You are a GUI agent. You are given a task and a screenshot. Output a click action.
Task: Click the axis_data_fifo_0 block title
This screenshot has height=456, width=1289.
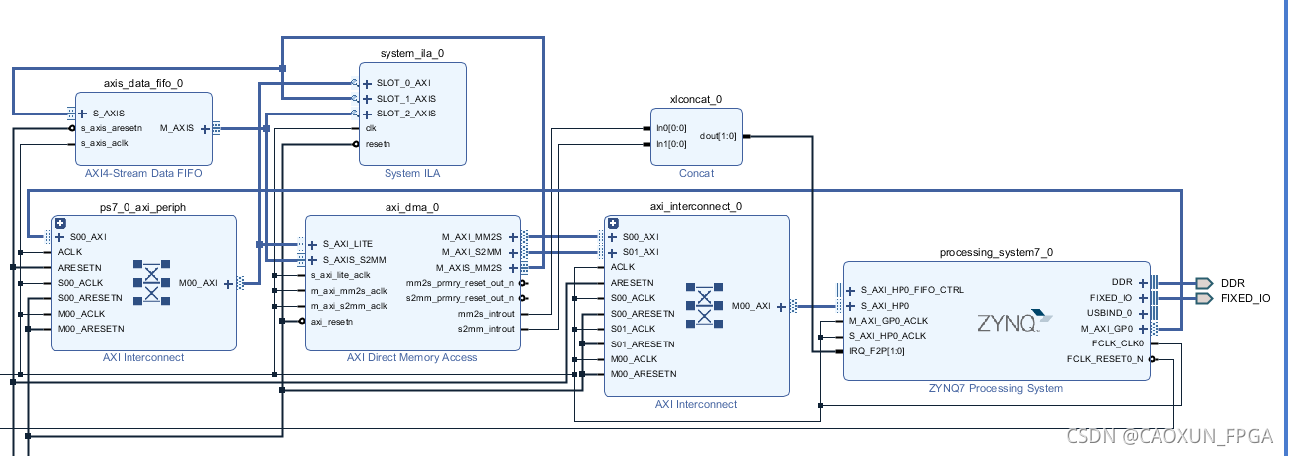143,83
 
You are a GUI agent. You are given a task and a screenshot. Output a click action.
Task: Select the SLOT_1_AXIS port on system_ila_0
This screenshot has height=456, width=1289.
405,99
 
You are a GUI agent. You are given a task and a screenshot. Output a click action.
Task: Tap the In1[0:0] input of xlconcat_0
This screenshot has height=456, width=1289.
671,144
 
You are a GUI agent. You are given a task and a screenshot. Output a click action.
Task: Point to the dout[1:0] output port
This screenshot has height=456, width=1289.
718,136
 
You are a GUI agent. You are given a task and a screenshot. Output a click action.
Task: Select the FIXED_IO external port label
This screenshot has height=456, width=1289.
1245,298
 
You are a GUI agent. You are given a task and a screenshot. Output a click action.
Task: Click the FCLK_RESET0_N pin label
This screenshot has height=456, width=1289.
1105,358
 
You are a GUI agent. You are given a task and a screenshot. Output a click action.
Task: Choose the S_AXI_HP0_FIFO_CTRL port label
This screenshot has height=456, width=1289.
911,290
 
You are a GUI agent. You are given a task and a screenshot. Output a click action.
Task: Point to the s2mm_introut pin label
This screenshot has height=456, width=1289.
486,329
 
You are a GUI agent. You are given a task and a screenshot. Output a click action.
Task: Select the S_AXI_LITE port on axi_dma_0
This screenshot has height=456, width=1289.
346,244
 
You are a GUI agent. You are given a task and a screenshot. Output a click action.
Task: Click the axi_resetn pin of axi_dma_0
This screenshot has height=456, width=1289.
331,321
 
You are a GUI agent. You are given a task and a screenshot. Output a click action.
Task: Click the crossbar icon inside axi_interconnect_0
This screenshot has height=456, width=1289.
705,306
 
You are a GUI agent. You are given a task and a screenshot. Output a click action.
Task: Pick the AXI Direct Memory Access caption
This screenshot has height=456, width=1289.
411,357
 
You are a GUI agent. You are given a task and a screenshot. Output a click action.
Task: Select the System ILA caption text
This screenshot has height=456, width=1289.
411,173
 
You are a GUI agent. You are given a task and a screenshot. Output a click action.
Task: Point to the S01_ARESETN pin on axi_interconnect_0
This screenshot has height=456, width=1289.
642,343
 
